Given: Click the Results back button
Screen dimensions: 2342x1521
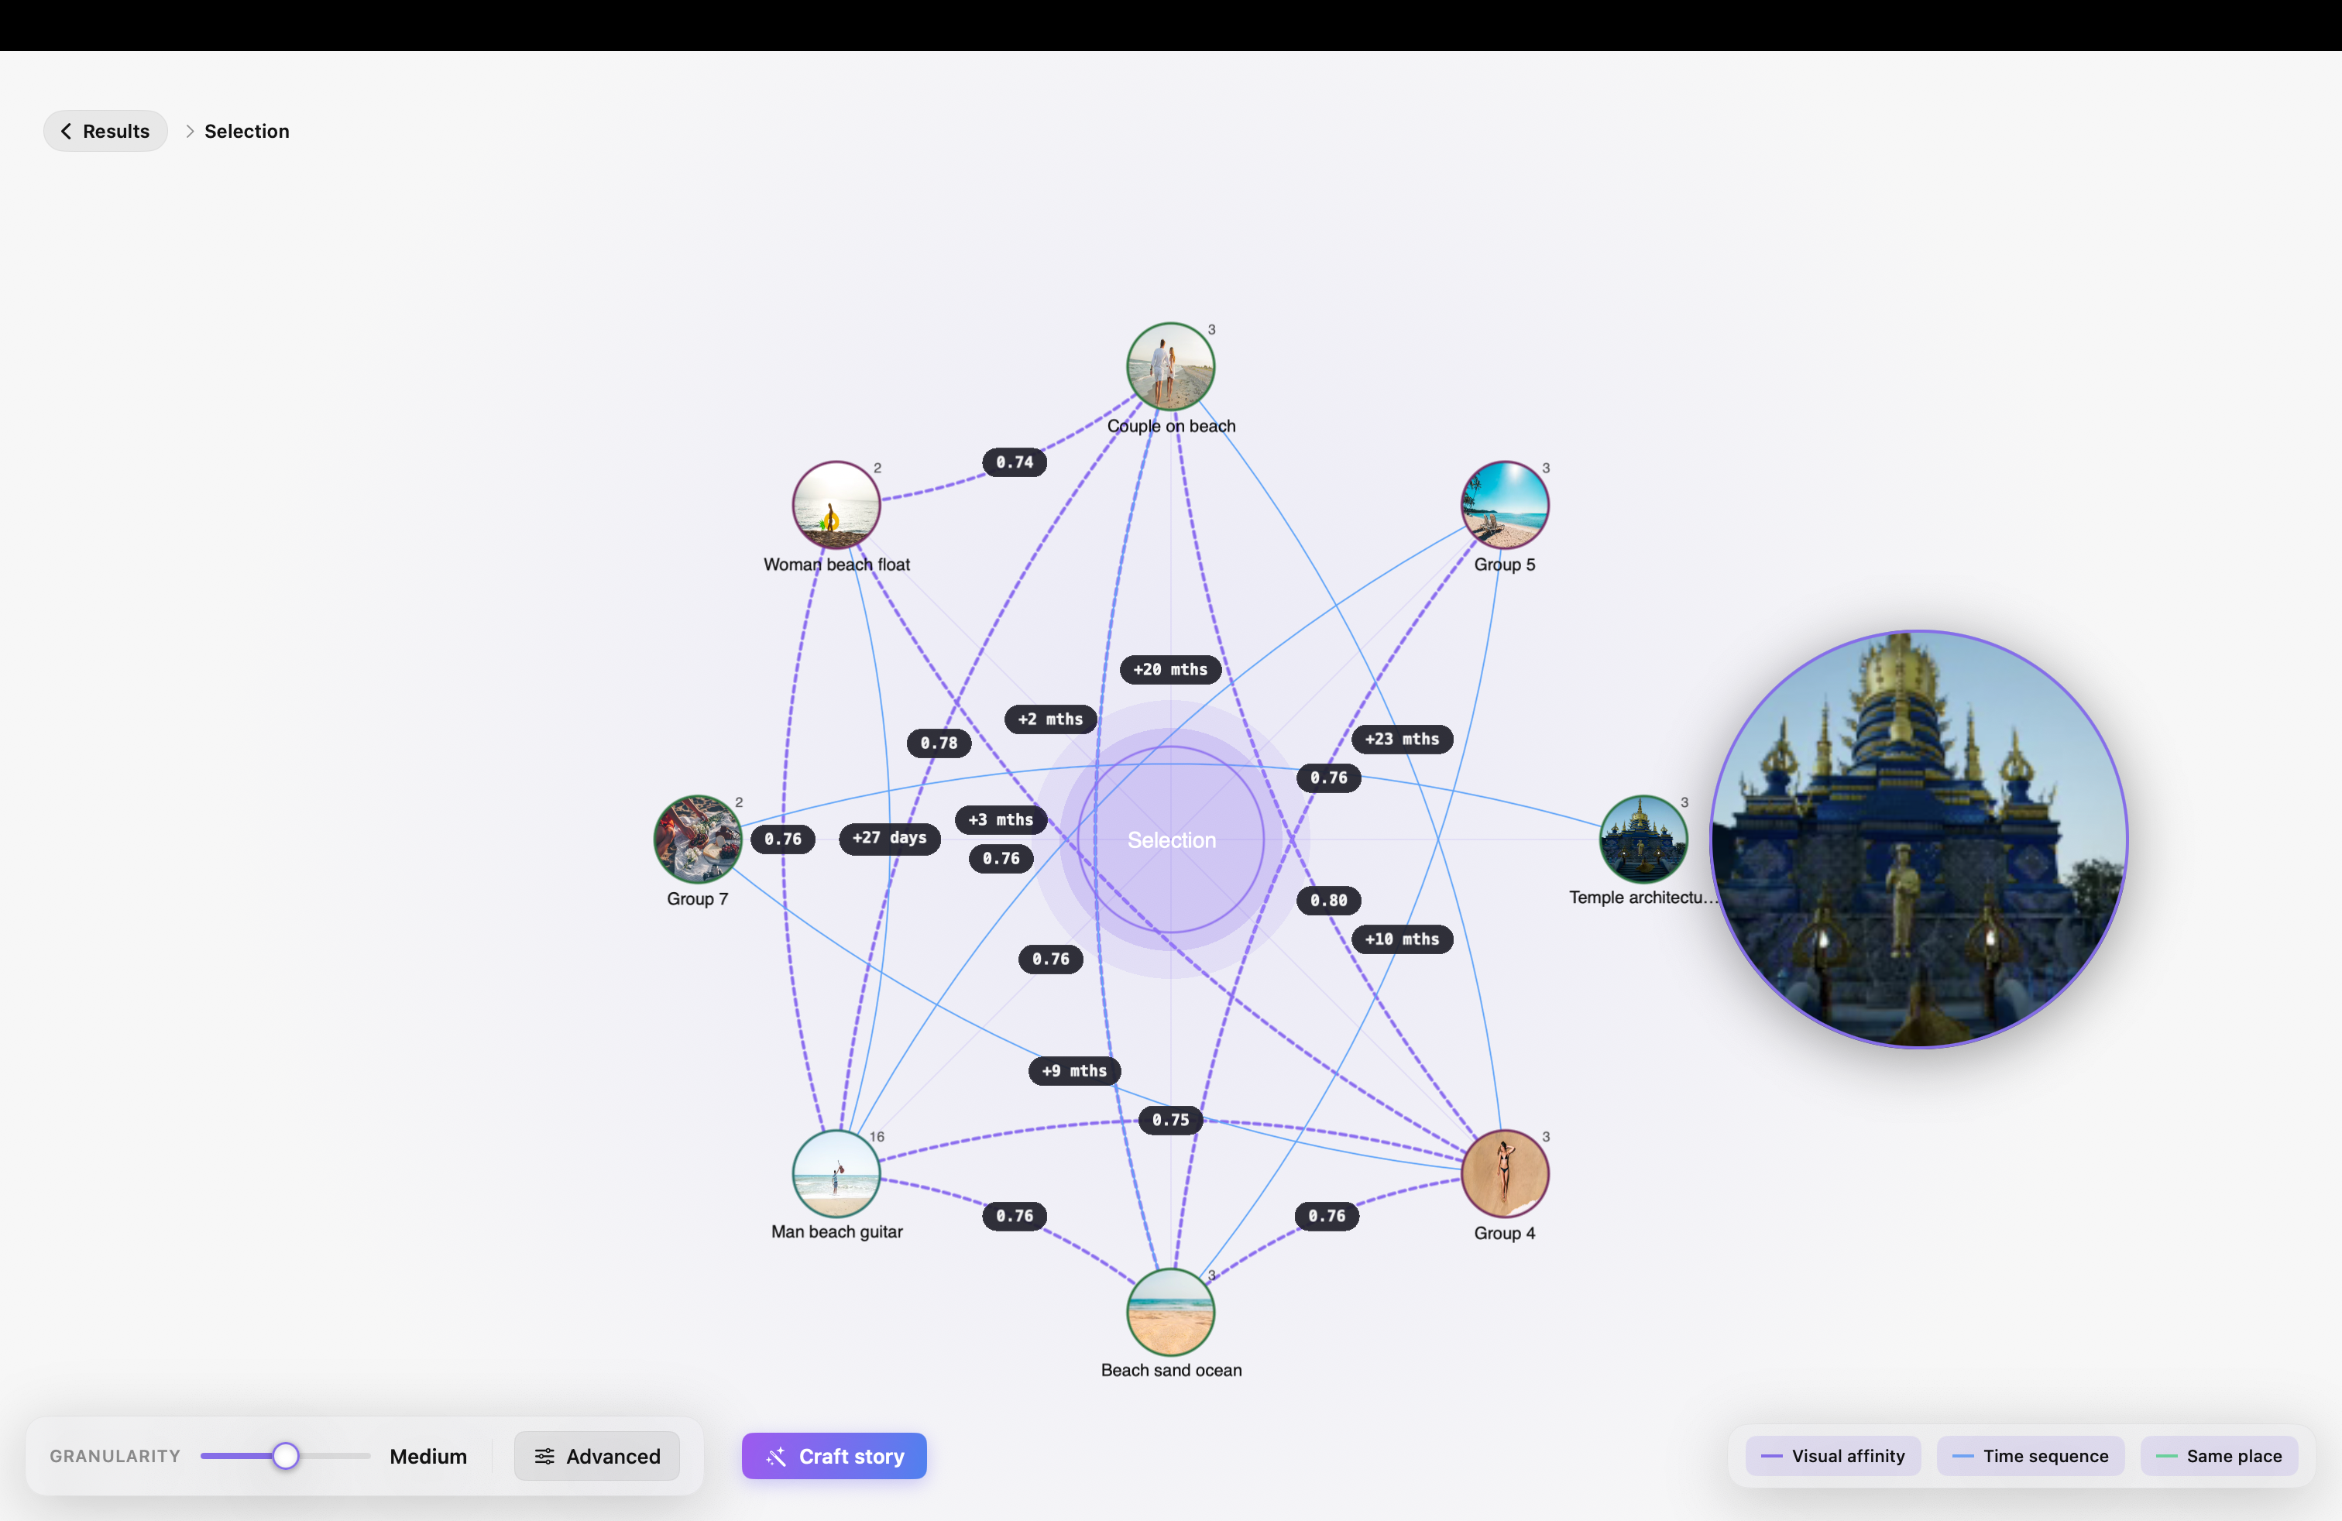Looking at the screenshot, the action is pyautogui.click(x=105, y=131).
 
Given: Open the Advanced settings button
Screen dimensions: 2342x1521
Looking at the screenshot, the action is pyautogui.click(x=596, y=1456).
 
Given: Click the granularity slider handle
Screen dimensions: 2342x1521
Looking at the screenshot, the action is pyautogui.click(x=285, y=1456).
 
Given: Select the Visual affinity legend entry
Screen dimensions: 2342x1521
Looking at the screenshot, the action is pyautogui.click(x=1832, y=1456).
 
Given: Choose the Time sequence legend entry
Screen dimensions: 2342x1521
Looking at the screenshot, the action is pyautogui.click(x=2030, y=1456).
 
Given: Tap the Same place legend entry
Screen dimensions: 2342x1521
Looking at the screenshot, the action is pyautogui.click(x=2219, y=1456).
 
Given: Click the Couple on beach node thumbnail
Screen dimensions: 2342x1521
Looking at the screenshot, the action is pyautogui.click(x=1171, y=366).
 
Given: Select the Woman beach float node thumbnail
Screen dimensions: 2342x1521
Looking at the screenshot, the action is pyautogui.click(x=836, y=505).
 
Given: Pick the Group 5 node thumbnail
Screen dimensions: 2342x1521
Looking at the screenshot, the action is pyautogui.click(x=1506, y=505).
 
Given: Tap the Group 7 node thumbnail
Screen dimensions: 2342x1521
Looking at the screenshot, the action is pyautogui.click(x=699, y=839).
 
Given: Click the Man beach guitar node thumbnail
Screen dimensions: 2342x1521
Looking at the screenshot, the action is pyautogui.click(x=836, y=1174).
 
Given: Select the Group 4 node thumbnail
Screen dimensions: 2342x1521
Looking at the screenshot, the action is pyautogui.click(x=1506, y=1174).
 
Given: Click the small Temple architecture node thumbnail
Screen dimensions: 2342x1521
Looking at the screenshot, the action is pyautogui.click(x=1643, y=839).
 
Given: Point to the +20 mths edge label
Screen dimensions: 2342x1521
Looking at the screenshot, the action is pyautogui.click(x=1171, y=670).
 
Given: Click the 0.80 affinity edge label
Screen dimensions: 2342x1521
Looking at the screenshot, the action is pyautogui.click(x=1328, y=900).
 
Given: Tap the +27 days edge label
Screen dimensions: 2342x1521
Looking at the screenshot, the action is pyautogui.click(x=890, y=838).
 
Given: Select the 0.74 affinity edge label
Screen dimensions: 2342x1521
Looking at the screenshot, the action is pyautogui.click(x=1015, y=462).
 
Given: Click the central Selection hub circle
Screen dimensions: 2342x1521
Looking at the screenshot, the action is pyautogui.click(x=1171, y=839).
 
